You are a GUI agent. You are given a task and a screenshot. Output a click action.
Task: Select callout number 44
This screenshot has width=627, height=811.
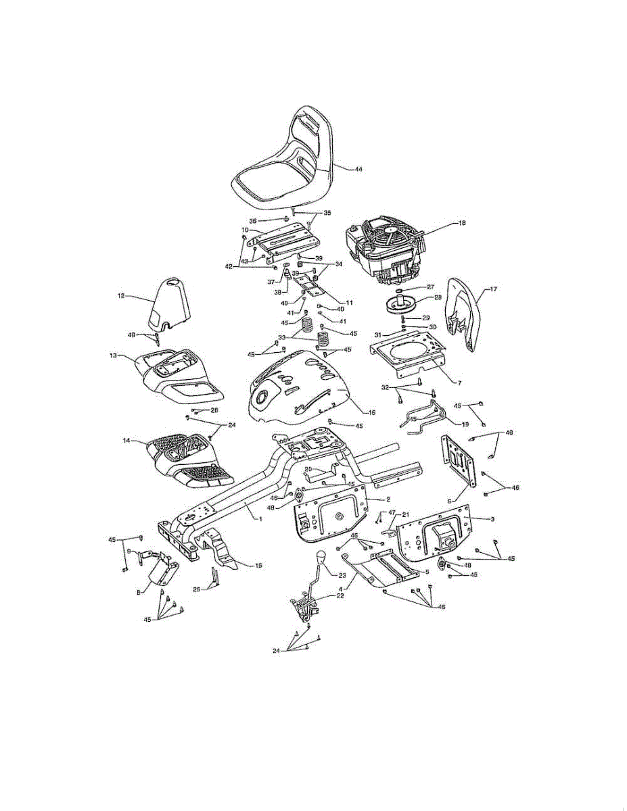(358, 169)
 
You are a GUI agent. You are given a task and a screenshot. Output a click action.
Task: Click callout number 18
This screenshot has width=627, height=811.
(462, 222)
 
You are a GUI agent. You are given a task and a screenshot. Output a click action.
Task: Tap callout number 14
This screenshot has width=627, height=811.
(126, 441)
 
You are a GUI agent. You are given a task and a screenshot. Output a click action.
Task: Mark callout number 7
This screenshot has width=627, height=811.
(459, 383)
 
